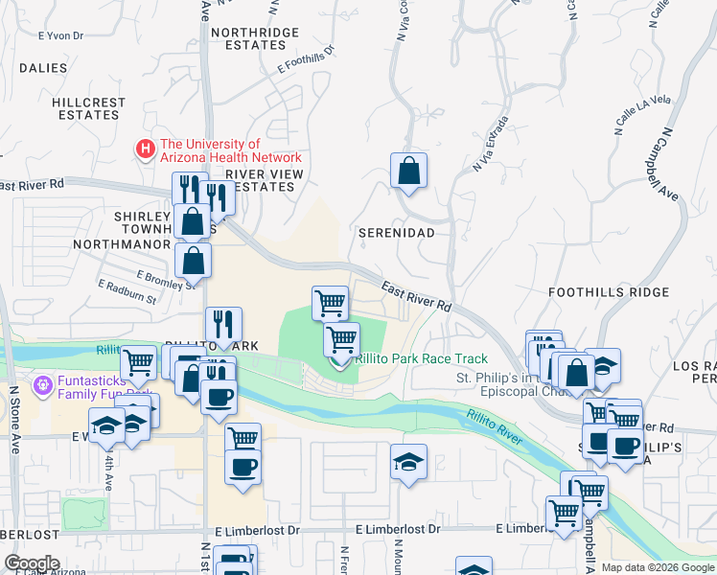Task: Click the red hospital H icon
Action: (146, 149)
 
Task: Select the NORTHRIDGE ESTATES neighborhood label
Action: (255, 38)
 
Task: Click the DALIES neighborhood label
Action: (43, 68)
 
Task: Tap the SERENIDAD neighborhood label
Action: (396, 233)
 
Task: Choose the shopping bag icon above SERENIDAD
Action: (408, 172)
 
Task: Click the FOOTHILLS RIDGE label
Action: (601, 291)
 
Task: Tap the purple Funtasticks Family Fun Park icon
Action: (41, 386)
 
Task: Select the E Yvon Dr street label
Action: (61, 36)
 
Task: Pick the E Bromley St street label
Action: (167, 279)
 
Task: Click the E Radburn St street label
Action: (127, 291)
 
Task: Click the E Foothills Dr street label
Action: (305, 59)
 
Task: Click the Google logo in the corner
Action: (32, 563)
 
